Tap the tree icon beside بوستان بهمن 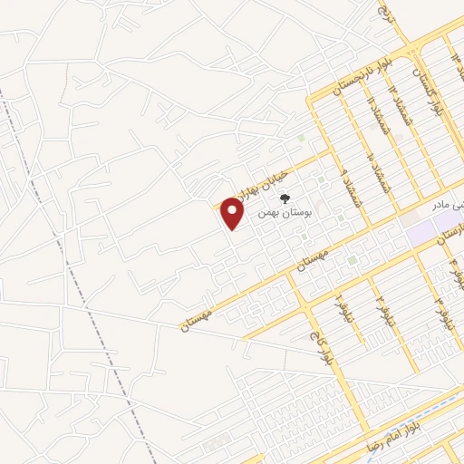click(285, 198)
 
